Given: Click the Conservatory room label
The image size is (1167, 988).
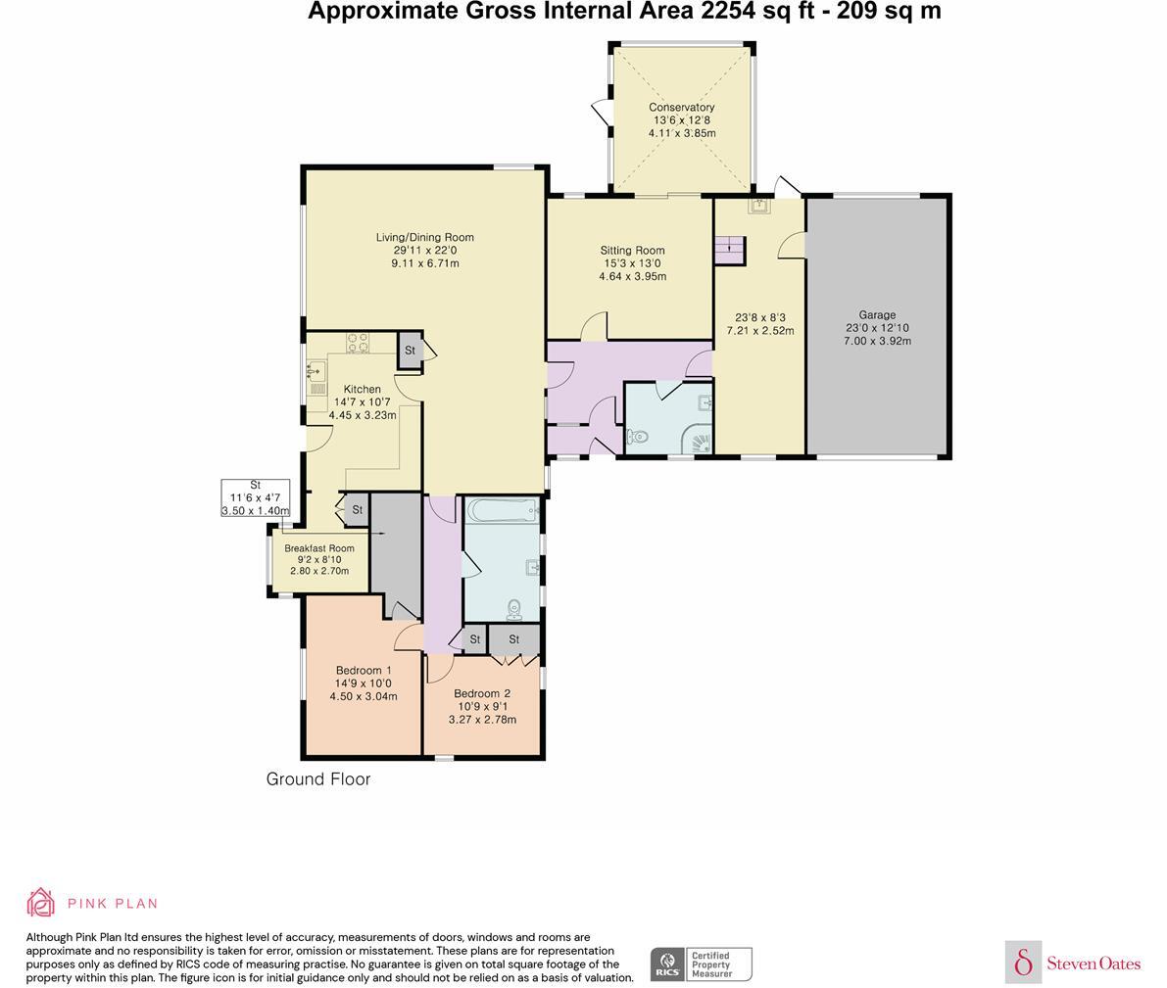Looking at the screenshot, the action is [x=681, y=107].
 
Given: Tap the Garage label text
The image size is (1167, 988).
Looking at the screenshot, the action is [x=877, y=314].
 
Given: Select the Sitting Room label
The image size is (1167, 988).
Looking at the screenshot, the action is [x=632, y=251].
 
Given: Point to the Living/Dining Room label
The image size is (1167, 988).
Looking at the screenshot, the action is [x=424, y=237].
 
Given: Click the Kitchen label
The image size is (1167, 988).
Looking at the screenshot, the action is [x=362, y=389].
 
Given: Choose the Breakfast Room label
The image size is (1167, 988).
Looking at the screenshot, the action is [x=319, y=548].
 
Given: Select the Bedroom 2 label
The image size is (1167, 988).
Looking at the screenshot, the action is [x=482, y=693].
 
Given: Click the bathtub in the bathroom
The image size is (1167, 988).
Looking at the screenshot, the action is [x=502, y=509].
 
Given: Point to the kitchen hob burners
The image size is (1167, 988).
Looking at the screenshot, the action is [x=358, y=343].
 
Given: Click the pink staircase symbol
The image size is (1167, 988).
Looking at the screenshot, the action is [x=729, y=250].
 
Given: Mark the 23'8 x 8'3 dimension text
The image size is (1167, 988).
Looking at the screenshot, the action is [x=760, y=317].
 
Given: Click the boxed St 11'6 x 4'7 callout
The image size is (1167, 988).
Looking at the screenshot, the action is [x=256, y=497].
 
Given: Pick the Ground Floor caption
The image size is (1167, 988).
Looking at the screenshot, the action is [x=318, y=778].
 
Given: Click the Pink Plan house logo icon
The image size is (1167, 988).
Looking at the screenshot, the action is [x=40, y=903].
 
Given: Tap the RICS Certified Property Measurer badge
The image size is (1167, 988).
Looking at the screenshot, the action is [x=702, y=964].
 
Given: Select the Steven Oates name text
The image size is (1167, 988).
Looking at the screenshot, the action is [x=1094, y=964].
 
